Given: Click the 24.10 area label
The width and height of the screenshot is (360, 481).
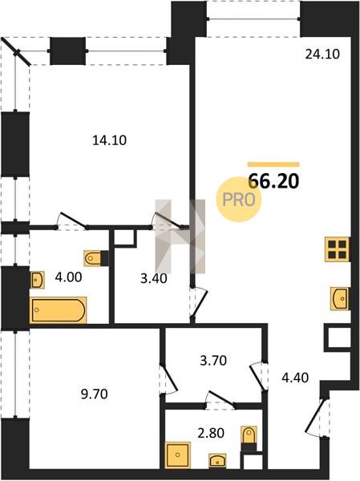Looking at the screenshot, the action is [x=322, y=55].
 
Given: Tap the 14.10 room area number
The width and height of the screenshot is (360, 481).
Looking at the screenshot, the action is [x=109, y=140].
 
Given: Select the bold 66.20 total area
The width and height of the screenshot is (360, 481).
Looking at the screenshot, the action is [x=273, y=181].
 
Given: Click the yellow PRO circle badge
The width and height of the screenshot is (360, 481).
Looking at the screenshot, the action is [x=239, y=200].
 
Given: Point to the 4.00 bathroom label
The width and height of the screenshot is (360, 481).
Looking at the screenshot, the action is [x=68, y=277].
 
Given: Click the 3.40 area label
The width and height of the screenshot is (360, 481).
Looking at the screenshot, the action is [x=153, y=278].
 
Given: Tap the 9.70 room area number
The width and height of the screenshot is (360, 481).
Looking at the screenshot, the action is [x=95, y=394].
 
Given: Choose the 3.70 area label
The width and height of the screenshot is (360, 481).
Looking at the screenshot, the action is [x=213, y=361].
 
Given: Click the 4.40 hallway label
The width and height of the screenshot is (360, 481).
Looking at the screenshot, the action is [x=295, y=378].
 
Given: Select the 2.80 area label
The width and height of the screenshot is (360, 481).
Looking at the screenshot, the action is [x=211, y=433].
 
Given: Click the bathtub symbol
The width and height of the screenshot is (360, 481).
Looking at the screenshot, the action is [x=58, y=309].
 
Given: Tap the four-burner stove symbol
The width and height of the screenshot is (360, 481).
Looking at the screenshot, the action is [x=338, y=249].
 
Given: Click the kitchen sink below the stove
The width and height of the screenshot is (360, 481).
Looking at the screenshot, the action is [x=340, y=298].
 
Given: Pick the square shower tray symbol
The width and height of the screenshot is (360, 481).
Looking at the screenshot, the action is [x=178, y=455].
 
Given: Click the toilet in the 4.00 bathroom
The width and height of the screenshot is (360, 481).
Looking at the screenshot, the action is [x=95, y=258].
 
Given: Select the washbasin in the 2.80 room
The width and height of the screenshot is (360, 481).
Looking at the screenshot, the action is [x=217, y=461].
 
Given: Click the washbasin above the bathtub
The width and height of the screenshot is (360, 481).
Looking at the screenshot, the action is [x=37, y=280].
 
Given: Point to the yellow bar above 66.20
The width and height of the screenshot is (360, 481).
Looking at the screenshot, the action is [x=273, y=164].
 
